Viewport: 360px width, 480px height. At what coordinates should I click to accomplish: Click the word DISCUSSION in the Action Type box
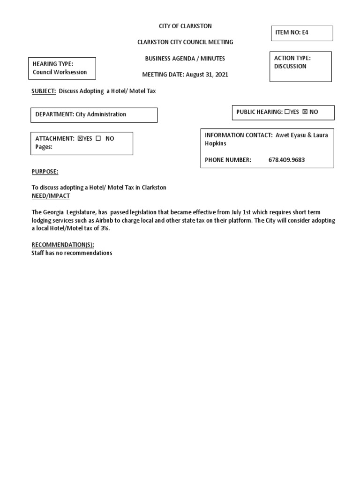pos(290,67)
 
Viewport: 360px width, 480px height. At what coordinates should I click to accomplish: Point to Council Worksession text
pos(60,72)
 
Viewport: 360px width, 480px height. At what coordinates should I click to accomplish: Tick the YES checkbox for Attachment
pos(80,139)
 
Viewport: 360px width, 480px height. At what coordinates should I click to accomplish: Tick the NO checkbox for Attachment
pos(98,139)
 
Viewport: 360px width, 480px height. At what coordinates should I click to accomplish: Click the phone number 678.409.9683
pos(286,160)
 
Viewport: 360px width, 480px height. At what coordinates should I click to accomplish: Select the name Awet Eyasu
pos(292,135)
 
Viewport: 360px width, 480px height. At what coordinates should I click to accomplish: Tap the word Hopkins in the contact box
pos(216,143)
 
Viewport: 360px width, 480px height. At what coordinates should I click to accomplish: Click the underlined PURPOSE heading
pos(45,172)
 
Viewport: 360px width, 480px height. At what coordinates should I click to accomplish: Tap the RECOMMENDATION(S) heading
pos(63,245)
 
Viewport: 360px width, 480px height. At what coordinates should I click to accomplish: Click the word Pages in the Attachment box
pos(44,146)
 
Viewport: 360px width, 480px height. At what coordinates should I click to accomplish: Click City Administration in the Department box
pos(101,114)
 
